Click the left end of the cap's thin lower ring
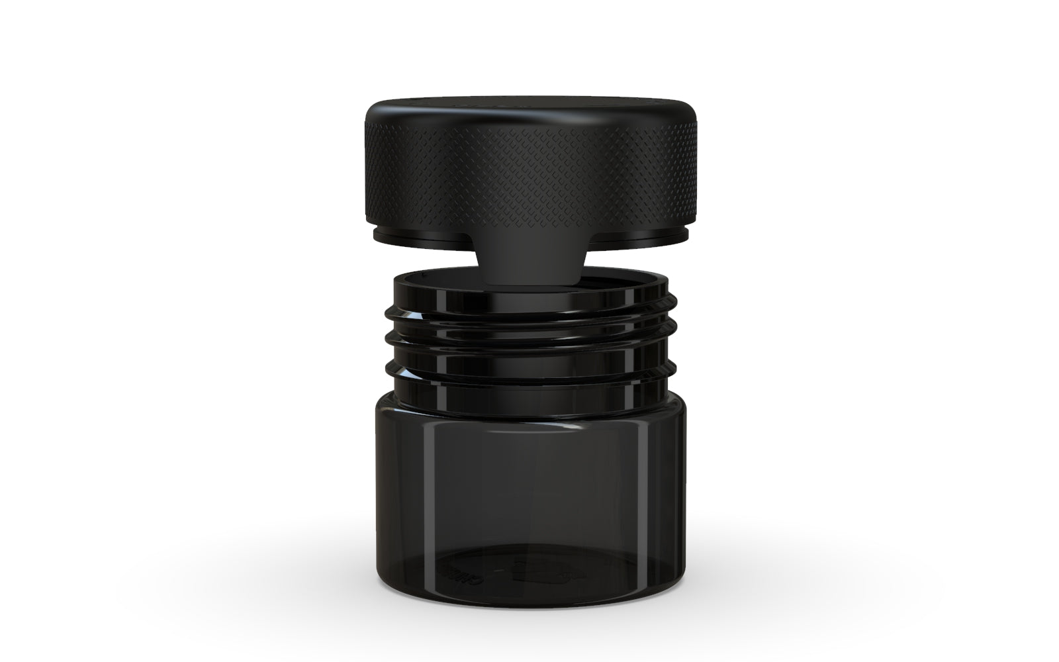point(379,234)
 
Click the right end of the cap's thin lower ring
point(680,234)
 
